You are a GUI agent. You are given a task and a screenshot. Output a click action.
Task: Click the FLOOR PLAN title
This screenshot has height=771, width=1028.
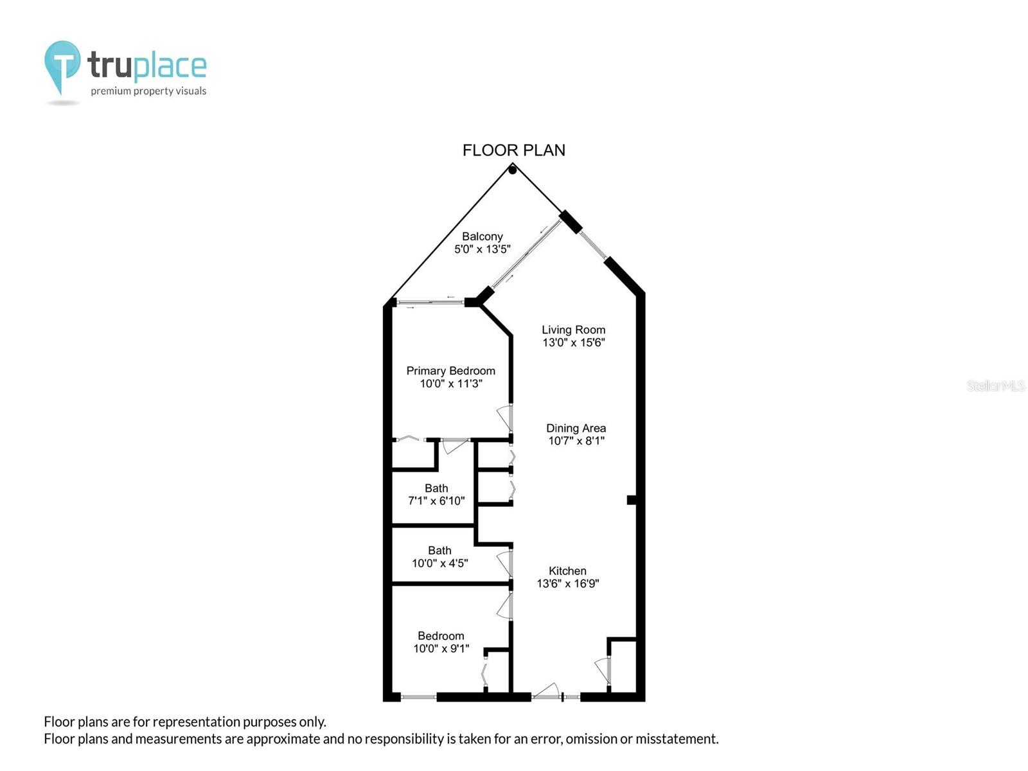pos(514,150)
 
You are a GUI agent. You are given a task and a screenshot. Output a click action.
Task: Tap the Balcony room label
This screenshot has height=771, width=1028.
pos(483,236)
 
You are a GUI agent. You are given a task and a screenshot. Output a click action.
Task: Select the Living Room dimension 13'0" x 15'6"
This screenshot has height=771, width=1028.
pos(573,342)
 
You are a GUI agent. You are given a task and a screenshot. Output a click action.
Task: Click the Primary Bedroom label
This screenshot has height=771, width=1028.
pos(450,371)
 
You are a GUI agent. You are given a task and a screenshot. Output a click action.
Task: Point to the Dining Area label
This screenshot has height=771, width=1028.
pos(576,428)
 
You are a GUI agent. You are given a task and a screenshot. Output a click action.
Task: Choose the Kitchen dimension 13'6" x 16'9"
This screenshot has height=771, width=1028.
pos(568,583)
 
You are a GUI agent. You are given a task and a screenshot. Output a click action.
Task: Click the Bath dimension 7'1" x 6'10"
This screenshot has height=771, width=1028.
pos(436,501)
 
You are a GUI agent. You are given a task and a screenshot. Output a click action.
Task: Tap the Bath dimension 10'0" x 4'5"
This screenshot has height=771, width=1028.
pos(439,563)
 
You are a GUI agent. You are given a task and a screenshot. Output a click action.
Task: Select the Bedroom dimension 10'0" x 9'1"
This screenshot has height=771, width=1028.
pos(441,648)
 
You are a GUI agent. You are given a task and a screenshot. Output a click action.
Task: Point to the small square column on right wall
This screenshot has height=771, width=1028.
pos(632,500)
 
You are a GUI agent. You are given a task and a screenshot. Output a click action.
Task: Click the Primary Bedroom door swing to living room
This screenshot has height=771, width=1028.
pos(505,418)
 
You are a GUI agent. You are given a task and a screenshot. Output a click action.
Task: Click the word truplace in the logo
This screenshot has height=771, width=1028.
pos(147,66)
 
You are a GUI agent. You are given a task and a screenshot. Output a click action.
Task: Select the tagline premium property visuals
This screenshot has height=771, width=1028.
pos(148,91)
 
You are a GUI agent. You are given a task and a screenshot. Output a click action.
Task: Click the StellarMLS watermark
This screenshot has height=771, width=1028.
pos(996,385)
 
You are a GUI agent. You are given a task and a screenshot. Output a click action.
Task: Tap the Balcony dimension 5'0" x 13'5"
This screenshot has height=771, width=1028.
pos(483,249)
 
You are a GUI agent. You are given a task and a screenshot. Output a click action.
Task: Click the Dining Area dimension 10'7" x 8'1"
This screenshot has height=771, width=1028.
pos(576,441)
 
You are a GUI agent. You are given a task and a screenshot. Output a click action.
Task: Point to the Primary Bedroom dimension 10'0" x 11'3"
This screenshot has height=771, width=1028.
pos(450,384)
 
